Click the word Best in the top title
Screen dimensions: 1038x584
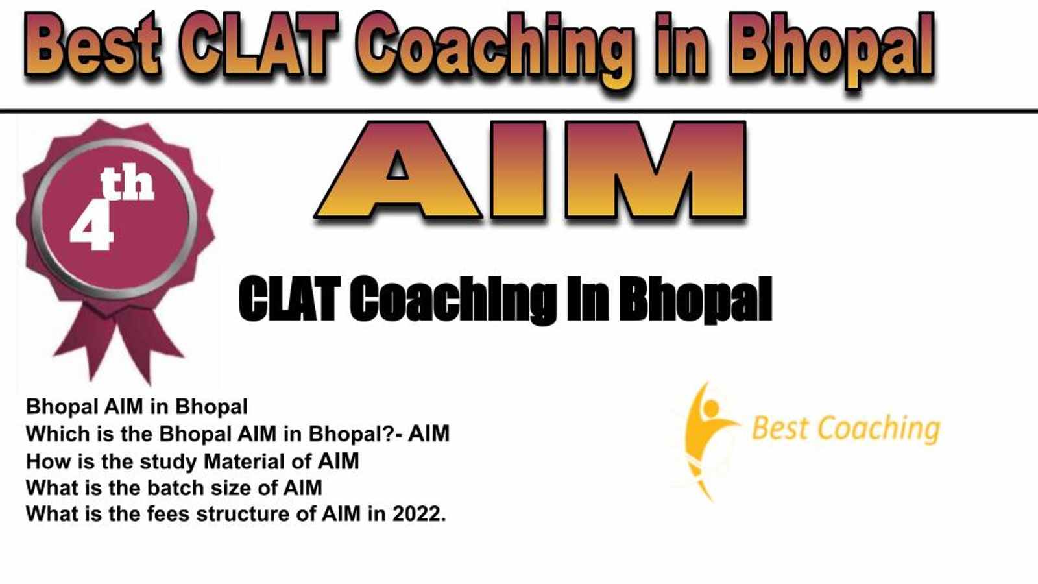[93, 45]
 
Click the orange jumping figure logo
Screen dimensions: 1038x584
[706, 441]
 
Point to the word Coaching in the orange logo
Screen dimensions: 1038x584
[879, 430]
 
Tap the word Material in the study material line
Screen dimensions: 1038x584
[244, 461]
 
